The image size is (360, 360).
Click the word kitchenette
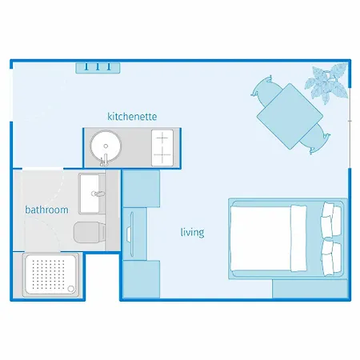tap(132, 117)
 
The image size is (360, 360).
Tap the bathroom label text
tap(46, 210)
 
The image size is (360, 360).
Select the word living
tap(192, 233)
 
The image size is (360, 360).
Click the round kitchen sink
tap(104, 146)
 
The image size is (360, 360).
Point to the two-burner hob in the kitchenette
tap(162, 147)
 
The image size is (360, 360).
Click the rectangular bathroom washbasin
tap(91, 192)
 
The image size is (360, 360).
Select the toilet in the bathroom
tap(88, 233)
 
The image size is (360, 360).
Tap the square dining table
tap(288, 117)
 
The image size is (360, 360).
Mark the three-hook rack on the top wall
tap(98, 67)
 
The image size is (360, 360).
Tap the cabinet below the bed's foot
tap(308, 289)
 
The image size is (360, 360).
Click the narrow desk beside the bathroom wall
tap(134, 232)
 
